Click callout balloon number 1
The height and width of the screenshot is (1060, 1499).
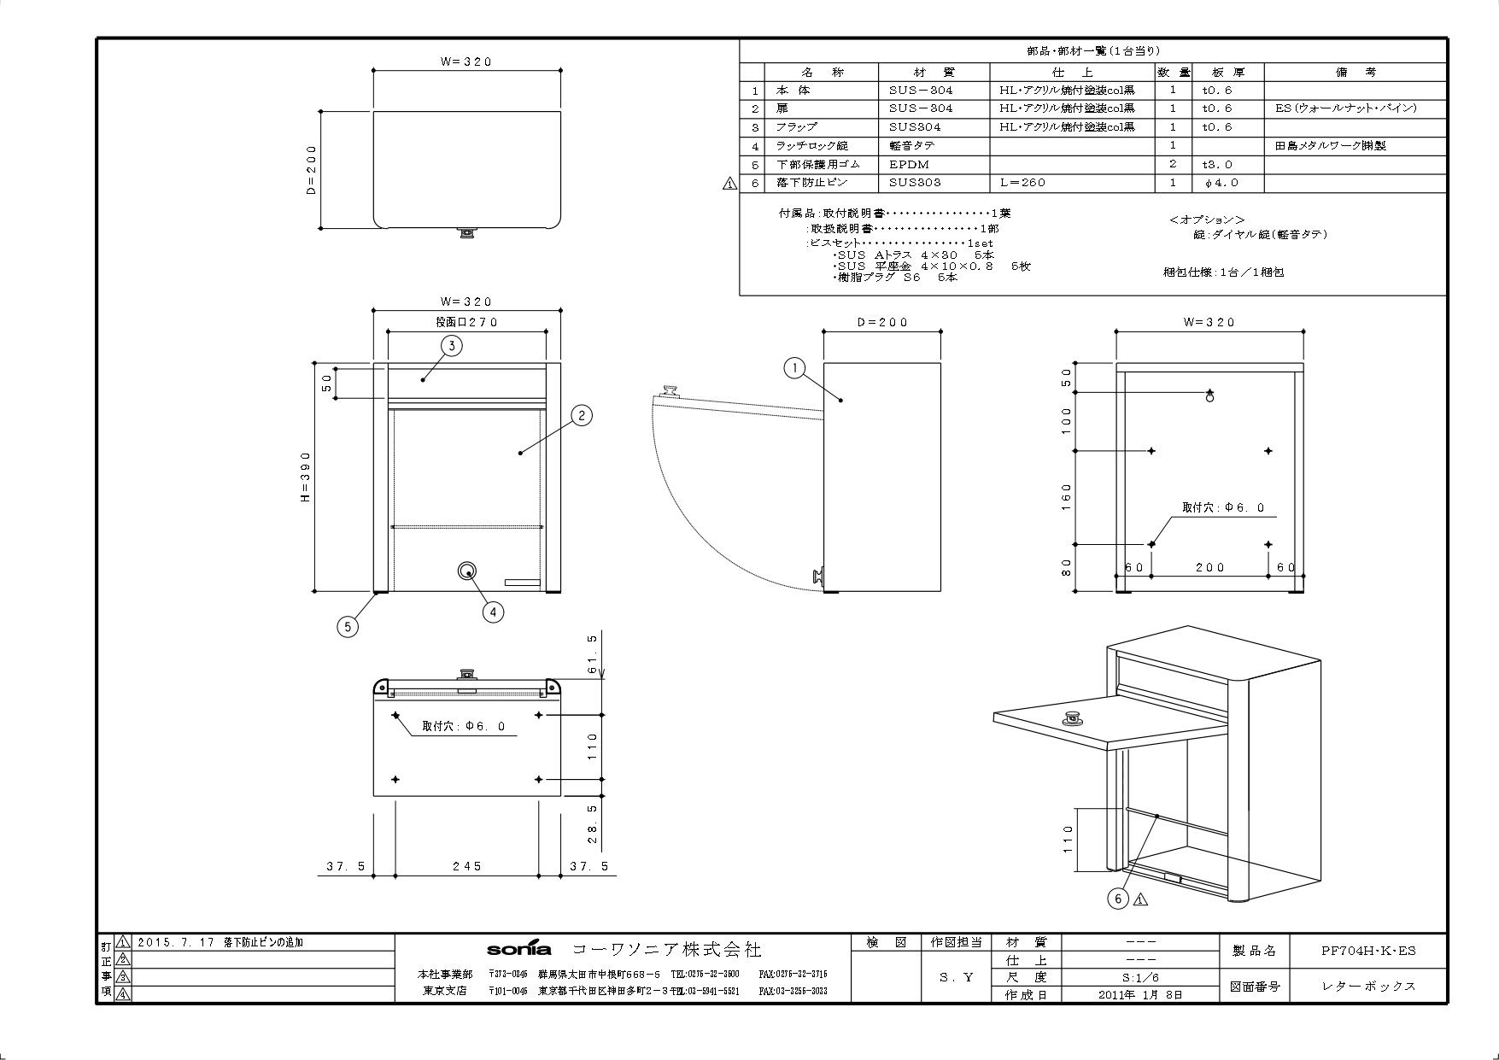pos(794,368)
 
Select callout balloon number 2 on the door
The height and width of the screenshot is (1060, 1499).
pos(581,415)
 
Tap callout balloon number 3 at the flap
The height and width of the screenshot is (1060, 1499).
pos(451,345)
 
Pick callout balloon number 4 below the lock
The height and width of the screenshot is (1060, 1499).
pos(493,612)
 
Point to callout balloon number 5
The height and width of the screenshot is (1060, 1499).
pos(347,626)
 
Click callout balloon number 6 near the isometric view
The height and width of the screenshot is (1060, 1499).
pos(1118,899)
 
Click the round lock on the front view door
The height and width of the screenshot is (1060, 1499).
pos(466,571)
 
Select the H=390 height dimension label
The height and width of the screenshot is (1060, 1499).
pos(306,477)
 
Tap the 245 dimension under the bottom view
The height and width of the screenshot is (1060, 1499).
pos(467,866)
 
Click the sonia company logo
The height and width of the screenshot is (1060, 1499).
pos(518,950)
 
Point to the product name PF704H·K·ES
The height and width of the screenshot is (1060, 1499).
pos(1368,950)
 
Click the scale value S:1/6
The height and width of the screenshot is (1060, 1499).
pos(1140,977)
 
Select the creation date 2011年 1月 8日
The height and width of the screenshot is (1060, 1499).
pos(1140,994)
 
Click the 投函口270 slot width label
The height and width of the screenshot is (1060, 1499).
pos(466,322)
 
